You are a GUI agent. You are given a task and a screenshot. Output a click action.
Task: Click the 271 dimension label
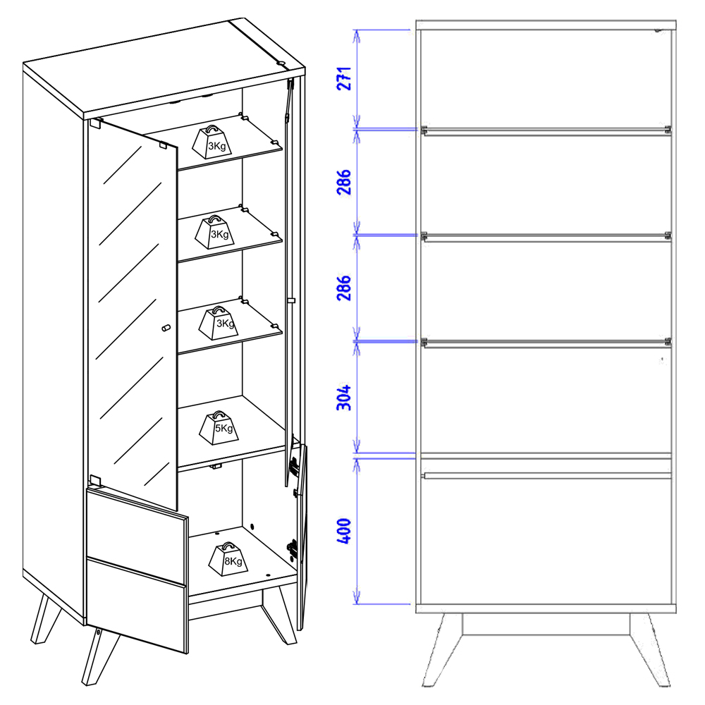(x=344, y=79)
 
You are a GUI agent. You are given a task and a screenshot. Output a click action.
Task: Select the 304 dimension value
(x=344, y=398)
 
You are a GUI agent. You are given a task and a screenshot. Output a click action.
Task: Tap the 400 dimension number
(x=344, y=531)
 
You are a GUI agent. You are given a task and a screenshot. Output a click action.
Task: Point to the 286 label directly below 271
(x=344, y=182)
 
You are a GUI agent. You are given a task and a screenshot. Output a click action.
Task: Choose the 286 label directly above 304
(x=344, y=288)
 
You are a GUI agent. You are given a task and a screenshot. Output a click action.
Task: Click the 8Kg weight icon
(x=228, y=559)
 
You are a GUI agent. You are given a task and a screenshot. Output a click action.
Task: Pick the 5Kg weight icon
(x=219, y=428)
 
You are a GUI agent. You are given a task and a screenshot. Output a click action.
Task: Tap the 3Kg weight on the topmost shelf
(x=211, y=142)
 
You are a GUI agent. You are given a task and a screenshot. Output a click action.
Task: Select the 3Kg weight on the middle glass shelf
(x=215, y=232)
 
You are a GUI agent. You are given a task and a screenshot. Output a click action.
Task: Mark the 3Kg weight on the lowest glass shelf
(x=219, y=323)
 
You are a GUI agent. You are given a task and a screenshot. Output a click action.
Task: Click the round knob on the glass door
(x=166, y=328)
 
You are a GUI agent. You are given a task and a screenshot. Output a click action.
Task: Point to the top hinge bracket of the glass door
(x=96, y=123)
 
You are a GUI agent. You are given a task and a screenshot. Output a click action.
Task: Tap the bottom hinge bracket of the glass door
(x=95, y=480)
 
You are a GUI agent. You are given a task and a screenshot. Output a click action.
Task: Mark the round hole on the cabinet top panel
(x=281, y=63)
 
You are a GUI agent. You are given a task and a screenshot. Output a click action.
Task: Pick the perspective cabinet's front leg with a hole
(x=100, y=655)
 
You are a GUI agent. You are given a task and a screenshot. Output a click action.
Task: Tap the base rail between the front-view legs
(x=546, y=624)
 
